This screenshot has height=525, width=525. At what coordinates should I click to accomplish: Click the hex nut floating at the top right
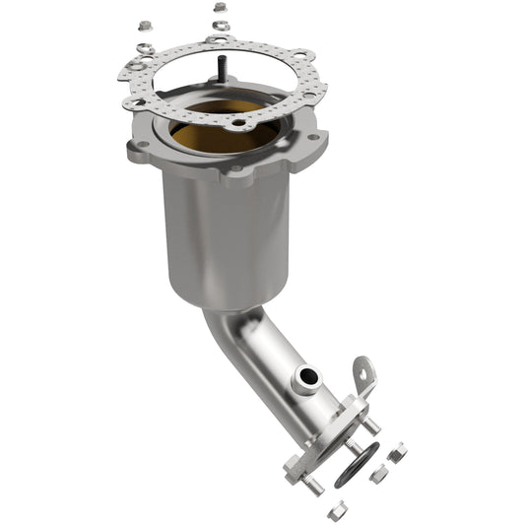click(x=220, y=7)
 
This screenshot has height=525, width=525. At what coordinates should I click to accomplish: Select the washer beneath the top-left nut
click(x=145, y=41)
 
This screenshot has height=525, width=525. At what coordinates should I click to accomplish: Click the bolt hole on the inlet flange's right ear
click(x=313, y=136)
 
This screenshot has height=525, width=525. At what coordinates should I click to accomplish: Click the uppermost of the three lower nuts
click(x=397, y=453)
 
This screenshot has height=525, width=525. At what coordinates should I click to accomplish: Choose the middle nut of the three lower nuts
click(x=378, y=475)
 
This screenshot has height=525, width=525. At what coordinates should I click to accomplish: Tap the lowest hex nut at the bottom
click(x=337, y=509)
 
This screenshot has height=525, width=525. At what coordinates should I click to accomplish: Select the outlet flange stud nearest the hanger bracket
click(x=372, y=425)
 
